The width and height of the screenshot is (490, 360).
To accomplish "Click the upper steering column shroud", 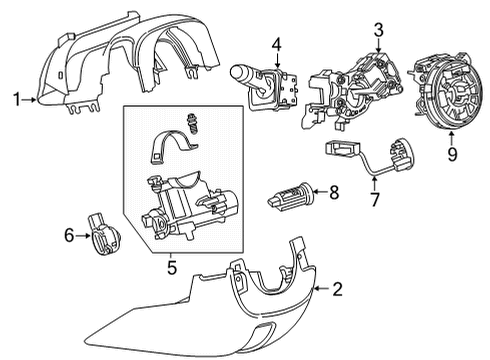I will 130,65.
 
